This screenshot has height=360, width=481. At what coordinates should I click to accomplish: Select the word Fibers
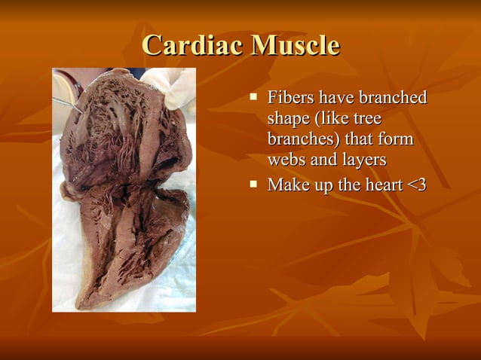[x=290, y=98]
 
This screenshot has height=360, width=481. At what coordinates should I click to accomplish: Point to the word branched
[x=394, y=98]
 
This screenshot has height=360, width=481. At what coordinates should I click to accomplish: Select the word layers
[x=361, y=160]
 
